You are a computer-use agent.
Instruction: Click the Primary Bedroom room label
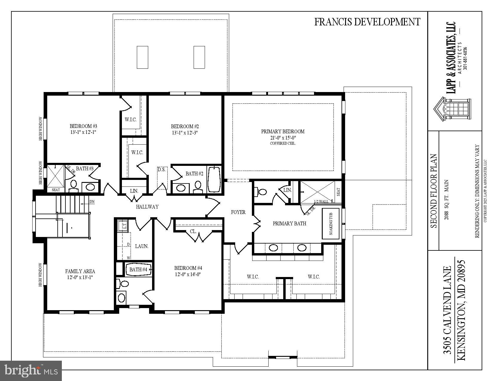[x=283, y=131]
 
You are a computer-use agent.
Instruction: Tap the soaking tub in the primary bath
[x=331, y=224]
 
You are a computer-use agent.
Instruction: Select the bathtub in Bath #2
[x=214, y=180]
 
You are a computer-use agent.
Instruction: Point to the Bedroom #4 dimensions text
[x=188, y=274]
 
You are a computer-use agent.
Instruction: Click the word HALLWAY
[x=147, y=207]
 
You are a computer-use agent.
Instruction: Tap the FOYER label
[x=238, y=212]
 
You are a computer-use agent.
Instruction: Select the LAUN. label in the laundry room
[x=142, y=247]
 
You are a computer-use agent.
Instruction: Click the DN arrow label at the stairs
[x=91, y=202]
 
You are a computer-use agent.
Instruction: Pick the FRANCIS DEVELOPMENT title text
[x=367, y=22]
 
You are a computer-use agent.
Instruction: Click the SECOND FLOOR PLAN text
[x=434, y=191]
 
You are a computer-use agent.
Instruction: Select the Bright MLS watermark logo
[x=31, y=371]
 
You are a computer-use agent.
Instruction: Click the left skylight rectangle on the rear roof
[x=143, y=57]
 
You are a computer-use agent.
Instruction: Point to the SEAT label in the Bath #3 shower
[x=56, y=190]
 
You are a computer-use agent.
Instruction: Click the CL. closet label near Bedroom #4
[x=193, y=232]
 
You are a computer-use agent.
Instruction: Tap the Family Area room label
[x=80, y=271]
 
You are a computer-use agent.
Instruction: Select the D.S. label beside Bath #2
[x=162, y=170]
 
